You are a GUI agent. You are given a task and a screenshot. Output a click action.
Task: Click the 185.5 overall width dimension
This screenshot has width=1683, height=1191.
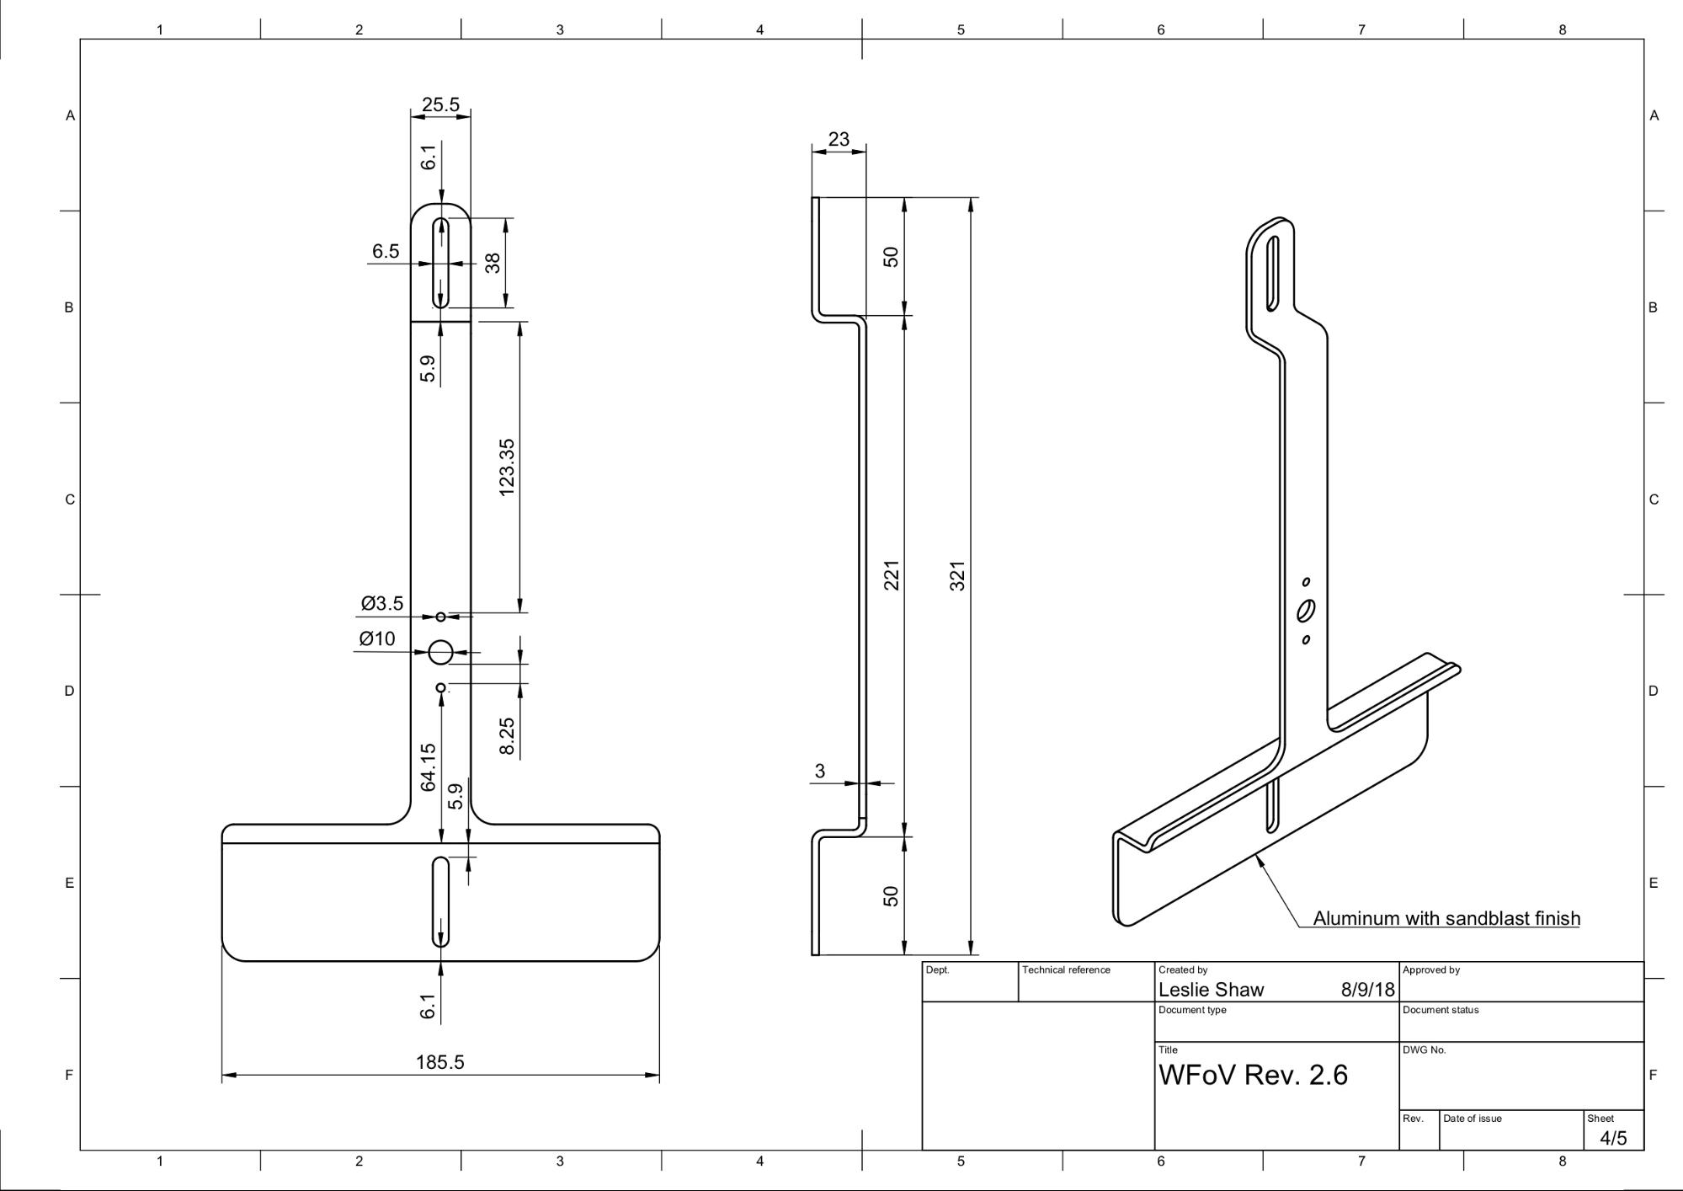(439, 1062)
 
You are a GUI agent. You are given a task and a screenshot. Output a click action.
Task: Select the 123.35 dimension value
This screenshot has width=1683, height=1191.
(506, 467)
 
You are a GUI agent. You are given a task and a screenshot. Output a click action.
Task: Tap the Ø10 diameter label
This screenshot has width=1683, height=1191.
(377, 638)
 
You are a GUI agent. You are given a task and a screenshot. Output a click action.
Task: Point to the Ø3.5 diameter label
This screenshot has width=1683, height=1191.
(382, 603)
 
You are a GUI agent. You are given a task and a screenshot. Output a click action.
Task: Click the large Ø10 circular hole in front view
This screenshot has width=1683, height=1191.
(440, 652)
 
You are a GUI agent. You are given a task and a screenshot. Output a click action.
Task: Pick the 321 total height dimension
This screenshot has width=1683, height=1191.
(957, 575)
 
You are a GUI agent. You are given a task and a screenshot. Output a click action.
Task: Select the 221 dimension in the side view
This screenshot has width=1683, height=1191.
(892, 575)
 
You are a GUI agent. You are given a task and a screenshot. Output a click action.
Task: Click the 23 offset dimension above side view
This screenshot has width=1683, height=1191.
(839, 139)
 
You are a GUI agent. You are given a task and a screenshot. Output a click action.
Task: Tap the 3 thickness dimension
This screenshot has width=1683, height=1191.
(820, 771)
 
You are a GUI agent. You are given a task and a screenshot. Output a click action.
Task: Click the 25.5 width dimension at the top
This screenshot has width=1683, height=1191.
(440, 104)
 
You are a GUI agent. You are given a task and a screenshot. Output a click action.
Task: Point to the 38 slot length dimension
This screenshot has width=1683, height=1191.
(493, 263)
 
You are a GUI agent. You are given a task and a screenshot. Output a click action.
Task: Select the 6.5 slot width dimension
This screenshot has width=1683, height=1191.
(386, 251)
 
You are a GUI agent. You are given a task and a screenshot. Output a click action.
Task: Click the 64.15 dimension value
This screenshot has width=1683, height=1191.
(428, 766)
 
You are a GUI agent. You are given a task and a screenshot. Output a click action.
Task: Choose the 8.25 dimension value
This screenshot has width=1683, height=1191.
(506, 736)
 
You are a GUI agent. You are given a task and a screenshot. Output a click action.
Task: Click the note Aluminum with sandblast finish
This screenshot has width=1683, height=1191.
(1446, 918)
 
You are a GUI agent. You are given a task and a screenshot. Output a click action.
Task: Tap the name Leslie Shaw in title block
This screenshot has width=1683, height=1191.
(1211, 990)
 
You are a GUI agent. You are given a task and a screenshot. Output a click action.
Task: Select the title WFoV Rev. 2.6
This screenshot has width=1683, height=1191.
(1253, 1075)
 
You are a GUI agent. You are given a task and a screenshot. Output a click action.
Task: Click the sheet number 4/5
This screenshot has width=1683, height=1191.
(1613, 1138)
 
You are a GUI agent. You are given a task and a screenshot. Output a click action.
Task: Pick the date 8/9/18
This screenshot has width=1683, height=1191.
(1367, 990)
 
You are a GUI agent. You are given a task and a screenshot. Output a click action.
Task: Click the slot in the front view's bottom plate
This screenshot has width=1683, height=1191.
(440, 901)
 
